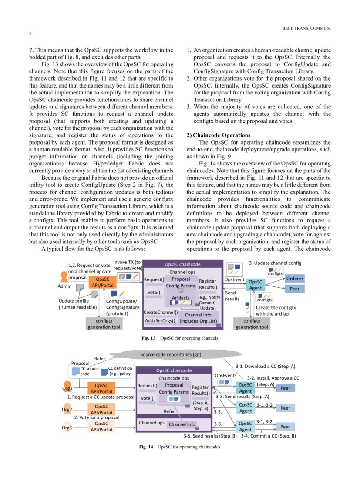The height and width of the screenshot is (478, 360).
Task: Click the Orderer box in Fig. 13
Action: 295,279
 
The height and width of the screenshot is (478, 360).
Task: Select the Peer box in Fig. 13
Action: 295,289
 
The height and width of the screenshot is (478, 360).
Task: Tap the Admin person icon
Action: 64,277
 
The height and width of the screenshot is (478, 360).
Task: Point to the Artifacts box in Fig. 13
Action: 181,298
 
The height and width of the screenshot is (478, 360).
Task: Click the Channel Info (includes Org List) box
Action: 198,318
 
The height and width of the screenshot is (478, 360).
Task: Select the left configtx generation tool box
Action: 104,323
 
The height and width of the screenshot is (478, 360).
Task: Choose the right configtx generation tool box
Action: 252,323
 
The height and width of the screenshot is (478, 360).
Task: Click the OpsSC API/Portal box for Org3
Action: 101,426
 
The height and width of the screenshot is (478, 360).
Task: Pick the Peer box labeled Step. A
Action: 285,388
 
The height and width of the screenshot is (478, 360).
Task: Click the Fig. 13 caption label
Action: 148,337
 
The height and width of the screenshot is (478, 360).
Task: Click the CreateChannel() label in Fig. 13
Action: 161,312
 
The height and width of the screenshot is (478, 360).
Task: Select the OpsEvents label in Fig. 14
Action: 225,375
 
